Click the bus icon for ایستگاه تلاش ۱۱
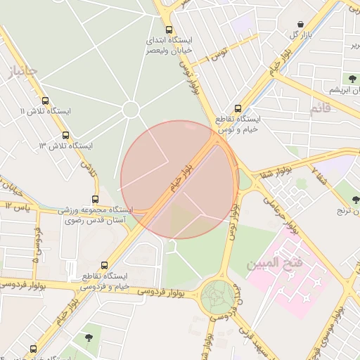click(46, 101)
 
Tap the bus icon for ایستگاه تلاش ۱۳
click(65, 135)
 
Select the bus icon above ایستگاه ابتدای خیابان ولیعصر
click(169, 30)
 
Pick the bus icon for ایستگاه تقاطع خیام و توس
click(238, 109)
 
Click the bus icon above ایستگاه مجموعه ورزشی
click(96, 199)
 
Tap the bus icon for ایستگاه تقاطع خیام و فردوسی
click(104, 265)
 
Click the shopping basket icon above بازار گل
click(301, 24)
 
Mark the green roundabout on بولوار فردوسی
click(217, 297)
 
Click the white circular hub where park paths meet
click(130, 109)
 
